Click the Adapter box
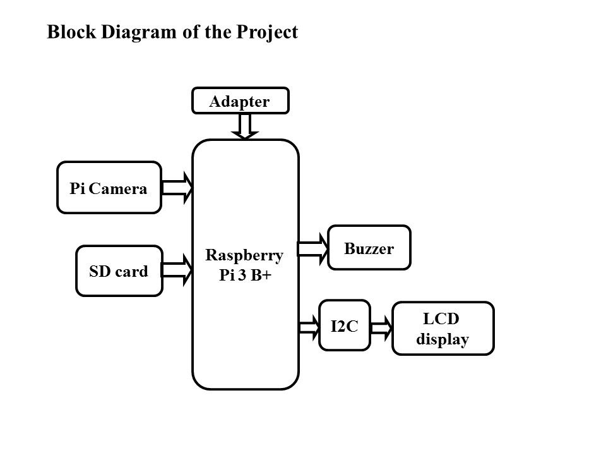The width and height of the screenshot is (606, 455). (x=240, y=100)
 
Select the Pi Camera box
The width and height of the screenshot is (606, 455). (x=109, y=188)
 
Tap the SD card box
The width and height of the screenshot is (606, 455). (x=119, y=271)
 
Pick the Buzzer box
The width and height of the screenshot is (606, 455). (x=369, y=248)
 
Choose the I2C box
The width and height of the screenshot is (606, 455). (x=344, y=325)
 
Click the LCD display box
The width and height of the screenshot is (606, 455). (x=443, y=329)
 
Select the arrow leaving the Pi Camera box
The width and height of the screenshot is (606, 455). (x=179, y=188)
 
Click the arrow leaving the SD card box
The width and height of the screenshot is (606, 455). (x=179, y=270)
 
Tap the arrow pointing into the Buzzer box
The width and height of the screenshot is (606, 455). (x=314, y=248)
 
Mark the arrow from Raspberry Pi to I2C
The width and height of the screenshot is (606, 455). (x=309, y=327)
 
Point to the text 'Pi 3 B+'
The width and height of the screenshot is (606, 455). (x=245, y=279)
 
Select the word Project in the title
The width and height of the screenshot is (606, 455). (x=265, y=32)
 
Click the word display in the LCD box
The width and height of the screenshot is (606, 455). (x=443, y=339)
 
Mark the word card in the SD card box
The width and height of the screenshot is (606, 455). (x=133, y=271)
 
